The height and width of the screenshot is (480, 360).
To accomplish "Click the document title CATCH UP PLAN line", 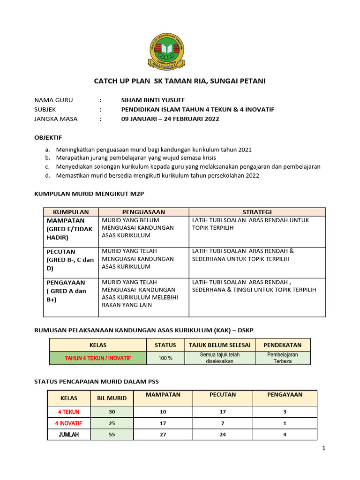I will pyautogui.click(x=180, y=81).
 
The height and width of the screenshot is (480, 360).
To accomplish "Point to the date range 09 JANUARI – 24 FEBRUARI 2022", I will pyautogui.click(x=170, y=119).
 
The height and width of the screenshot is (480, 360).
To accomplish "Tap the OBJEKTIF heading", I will pyautogui.click(x=48, y=138).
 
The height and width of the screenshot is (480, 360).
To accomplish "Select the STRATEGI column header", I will pyautogui.click(x=257, y=212).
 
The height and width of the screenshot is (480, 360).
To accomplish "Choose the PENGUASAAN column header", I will pyautogui.click(x=143, y=212).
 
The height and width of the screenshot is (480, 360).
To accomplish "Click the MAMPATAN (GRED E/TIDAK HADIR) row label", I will pyautogui.click(x=69, y=229).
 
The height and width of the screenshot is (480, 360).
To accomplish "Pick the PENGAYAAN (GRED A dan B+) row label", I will pyautogui.click(x=66, y=291).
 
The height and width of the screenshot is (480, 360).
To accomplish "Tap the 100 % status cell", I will pyautogui.click(x=165, y=358).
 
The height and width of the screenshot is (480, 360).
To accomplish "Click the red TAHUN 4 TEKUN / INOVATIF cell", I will pyautogui.click(x=98, y=358).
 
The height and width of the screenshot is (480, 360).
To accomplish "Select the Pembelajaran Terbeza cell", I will pyautogui.click(x=282, y=358).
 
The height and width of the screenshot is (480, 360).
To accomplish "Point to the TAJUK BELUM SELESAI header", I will pyautogui.click(x=219, y=345).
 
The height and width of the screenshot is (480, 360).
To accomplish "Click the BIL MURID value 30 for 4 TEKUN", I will pyautogui.click(x=112, y=412).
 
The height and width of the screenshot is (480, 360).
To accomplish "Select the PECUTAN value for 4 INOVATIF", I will pyautogui.click(x=222, y=423).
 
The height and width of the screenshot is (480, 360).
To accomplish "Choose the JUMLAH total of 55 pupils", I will pyautogui.click(x=112, y=435).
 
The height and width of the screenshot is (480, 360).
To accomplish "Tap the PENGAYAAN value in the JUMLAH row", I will pyautogui.click(x=285, y=435).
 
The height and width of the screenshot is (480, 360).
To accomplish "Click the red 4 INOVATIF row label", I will pyautogui.click(x=69, y=423).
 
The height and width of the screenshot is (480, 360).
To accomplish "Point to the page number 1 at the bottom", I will pyautogui.click(x=323, y=449).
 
